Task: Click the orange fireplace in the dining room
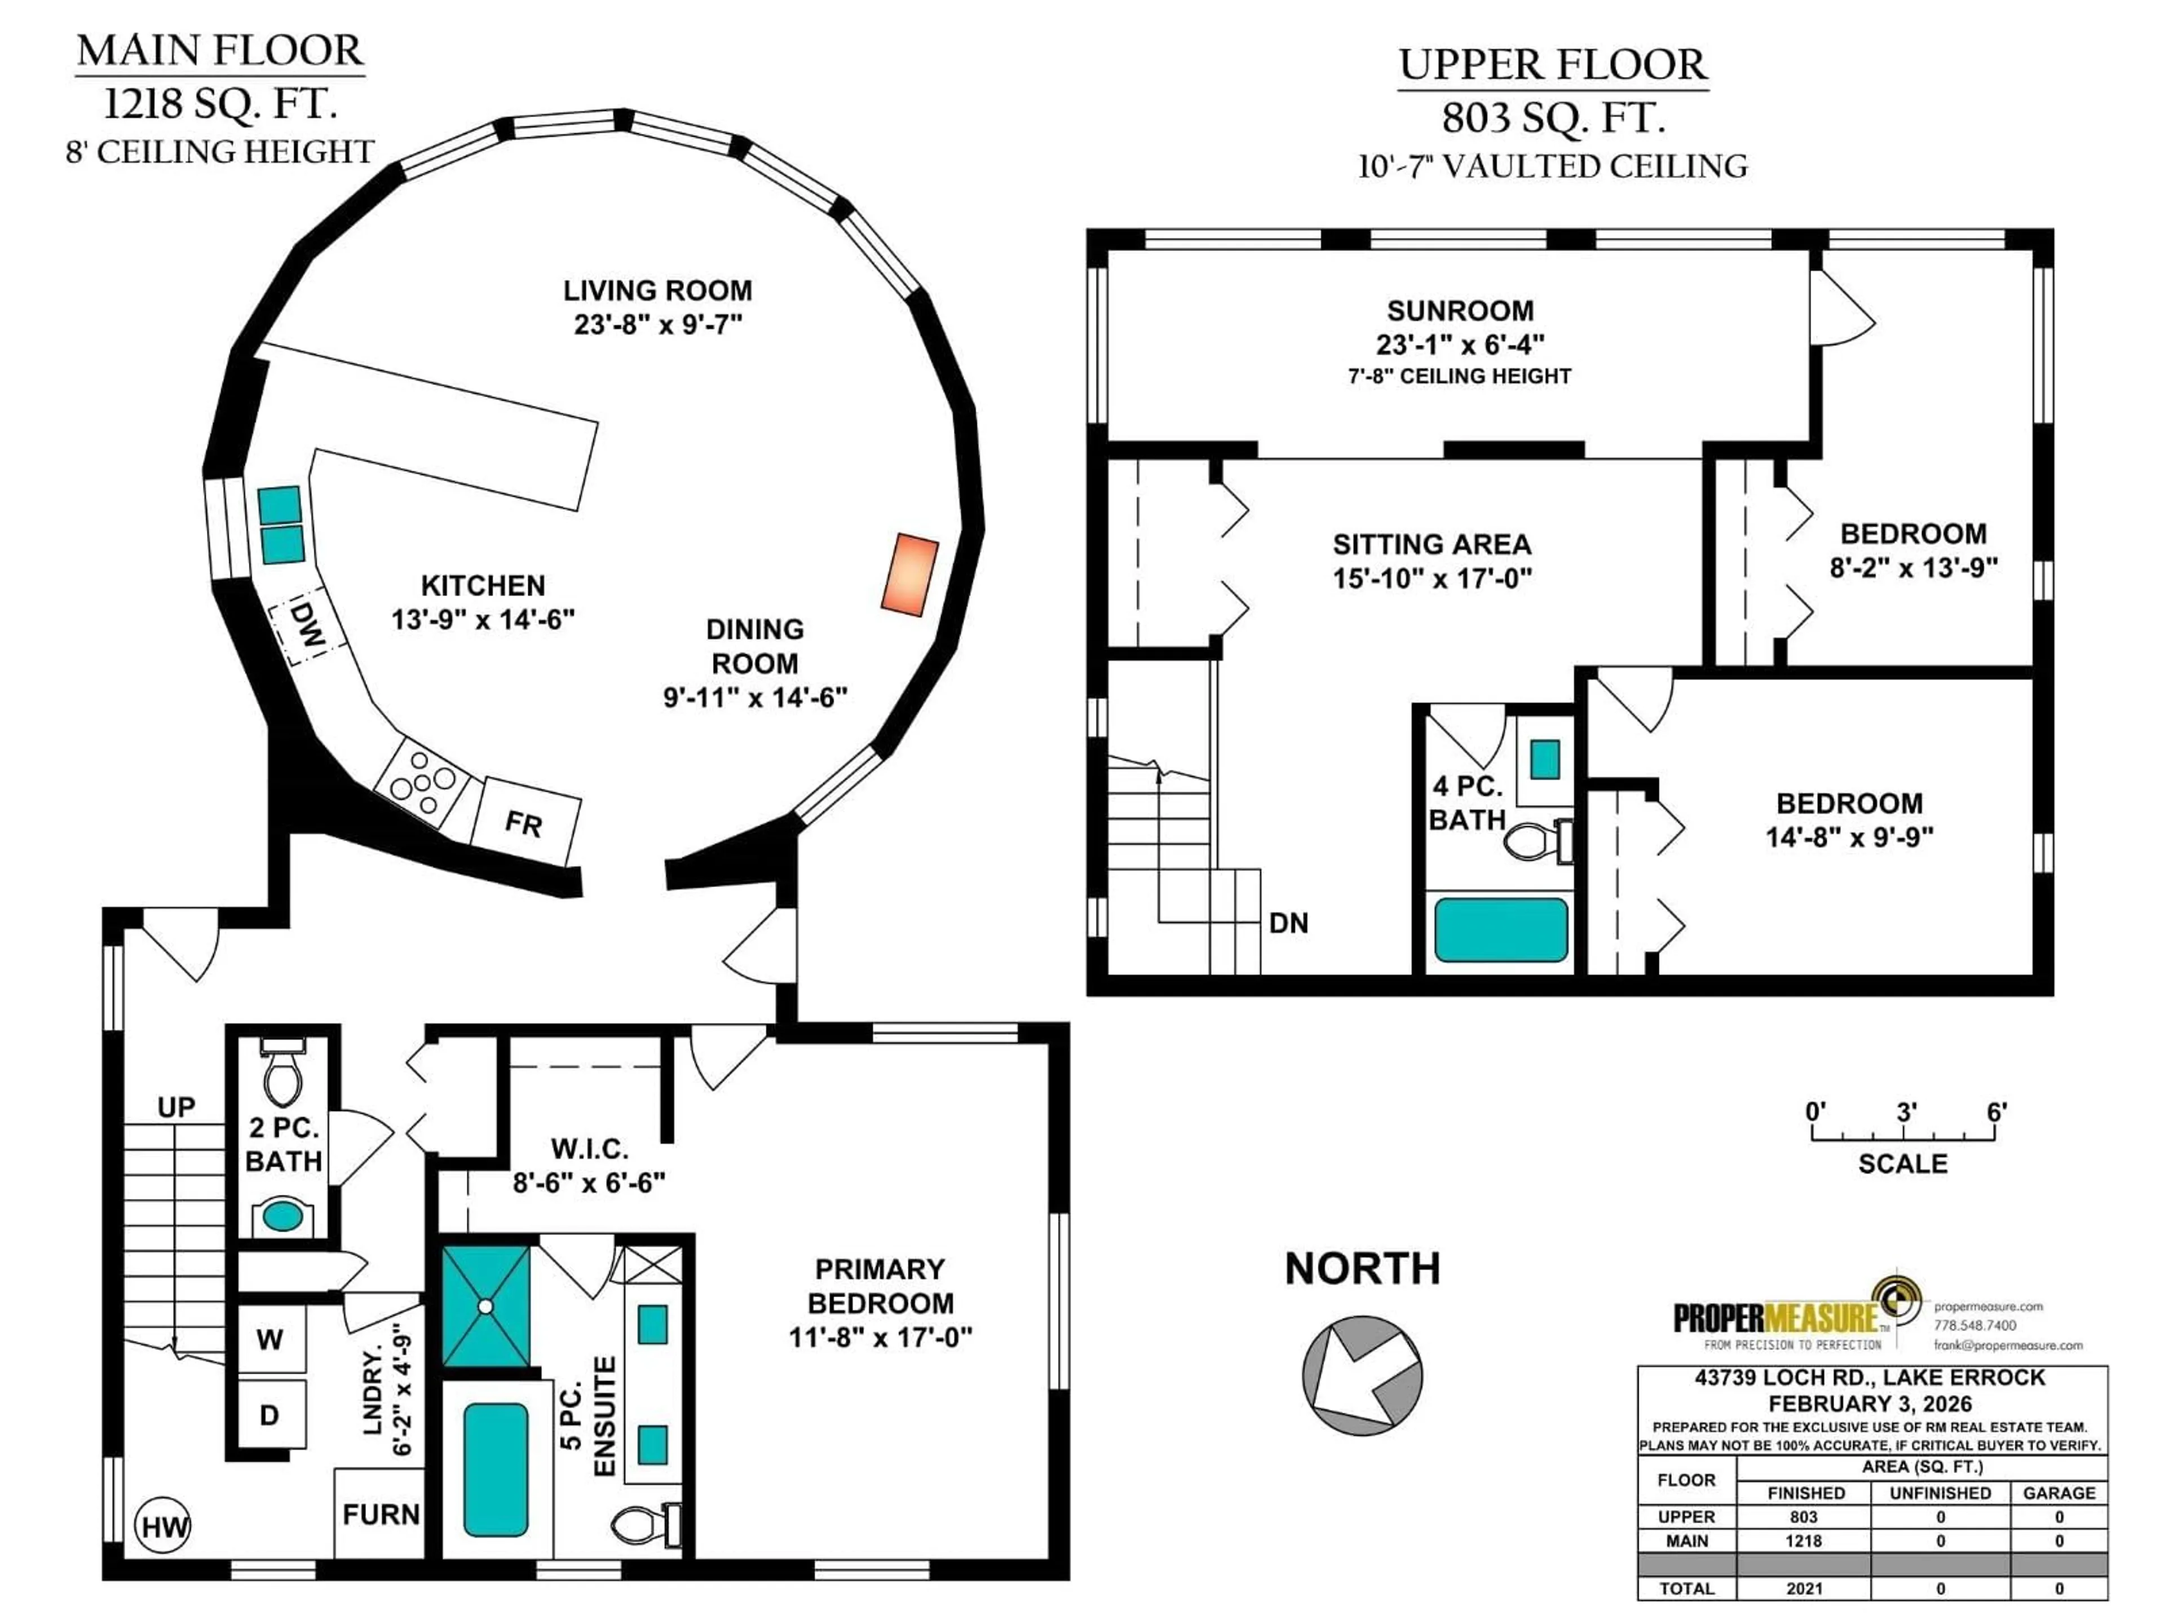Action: click(909, 575)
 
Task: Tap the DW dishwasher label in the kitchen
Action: click(307, 626)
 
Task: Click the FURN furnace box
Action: click(380, 1515)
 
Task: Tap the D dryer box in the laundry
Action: click(269, 1414)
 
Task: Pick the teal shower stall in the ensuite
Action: click(485, 1306)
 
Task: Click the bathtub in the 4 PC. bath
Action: click(1500, 930)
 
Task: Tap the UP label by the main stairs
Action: click(176, 1107)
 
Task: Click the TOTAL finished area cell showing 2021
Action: click(1804, 1588)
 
